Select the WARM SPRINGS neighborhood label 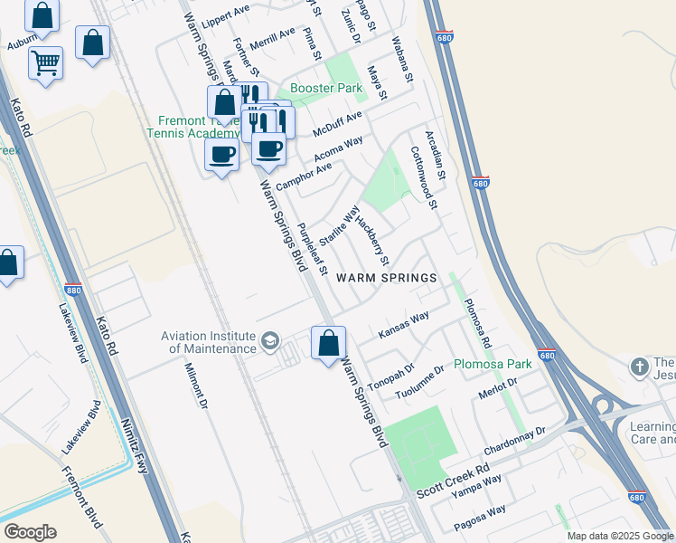[x=387, y=277]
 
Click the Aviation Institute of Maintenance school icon [x=269, y=341]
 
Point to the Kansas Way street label [x=403, y=326]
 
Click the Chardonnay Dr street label [x=517, y=443]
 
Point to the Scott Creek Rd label [x=452, y=481]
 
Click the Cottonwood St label [x=424, y=178]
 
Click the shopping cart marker [x=45, y=63]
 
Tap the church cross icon [x=639, y=367]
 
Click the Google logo [x=30, y=532]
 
